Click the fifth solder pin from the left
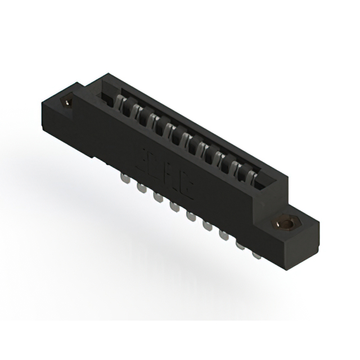190,217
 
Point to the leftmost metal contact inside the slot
119,103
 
